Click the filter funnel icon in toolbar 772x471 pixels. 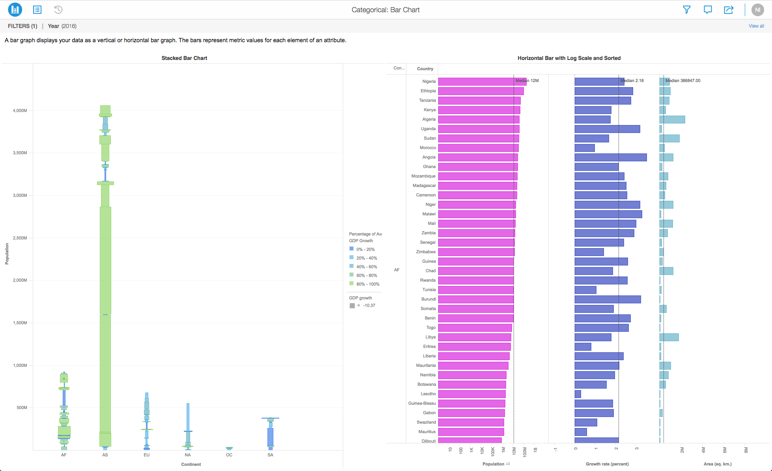[x=686, y=10]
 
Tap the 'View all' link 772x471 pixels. [x=756, y=26]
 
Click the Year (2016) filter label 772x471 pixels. [x=62, y=26]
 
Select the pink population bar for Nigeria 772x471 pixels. [x=481, y=82]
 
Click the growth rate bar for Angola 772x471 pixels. [x=610, y=157]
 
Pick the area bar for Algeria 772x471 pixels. [x=672, y=120]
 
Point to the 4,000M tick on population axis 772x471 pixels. [x=20, y=110]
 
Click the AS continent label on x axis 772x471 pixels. [x=105, y=455]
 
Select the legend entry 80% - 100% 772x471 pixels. [x=367, y=284]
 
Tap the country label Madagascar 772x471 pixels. [x=424, y=186]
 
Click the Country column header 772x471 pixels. [x=425, y=69]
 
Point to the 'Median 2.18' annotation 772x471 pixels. [x=632, y=80]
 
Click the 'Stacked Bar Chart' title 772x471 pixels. [x=184, y=58]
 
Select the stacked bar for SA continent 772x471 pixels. [x=270, y=434]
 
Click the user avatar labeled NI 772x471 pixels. [x=757, y=10]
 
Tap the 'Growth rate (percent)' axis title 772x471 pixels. [x=607, y=464]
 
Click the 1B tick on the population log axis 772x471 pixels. [x=535, y=450]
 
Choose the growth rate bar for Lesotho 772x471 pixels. [x=578, y=394]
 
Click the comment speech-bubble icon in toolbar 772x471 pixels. [x=707, y=10]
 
